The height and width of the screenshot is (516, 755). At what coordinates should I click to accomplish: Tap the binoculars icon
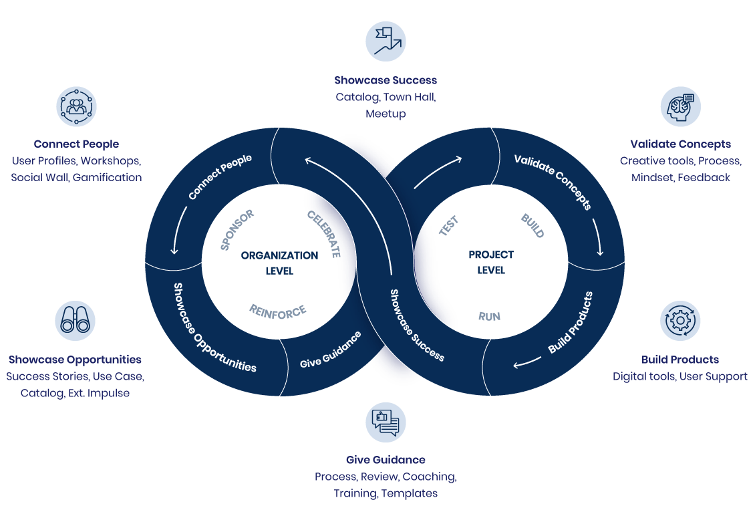(75, 320)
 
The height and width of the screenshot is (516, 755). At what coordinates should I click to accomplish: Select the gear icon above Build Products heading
(680, 320)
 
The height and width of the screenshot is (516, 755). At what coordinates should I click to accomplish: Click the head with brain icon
(680, 106)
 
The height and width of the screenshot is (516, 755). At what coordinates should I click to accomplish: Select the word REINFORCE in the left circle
(277, 311)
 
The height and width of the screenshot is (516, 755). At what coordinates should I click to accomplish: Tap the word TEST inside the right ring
(448, 225)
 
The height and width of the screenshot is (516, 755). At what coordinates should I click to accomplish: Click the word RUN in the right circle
(489, 316)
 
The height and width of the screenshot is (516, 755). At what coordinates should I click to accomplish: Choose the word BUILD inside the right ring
(532, 226)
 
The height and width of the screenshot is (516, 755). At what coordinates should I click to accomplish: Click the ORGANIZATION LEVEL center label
(279, 263)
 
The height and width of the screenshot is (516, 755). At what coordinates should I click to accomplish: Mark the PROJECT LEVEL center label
(491, 263)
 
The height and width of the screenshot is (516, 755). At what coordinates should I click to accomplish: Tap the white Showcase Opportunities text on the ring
(214, 328)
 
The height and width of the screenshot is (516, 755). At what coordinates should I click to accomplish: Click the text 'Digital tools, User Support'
(679, 376)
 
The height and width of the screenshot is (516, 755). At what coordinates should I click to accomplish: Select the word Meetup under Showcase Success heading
(386, 114)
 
